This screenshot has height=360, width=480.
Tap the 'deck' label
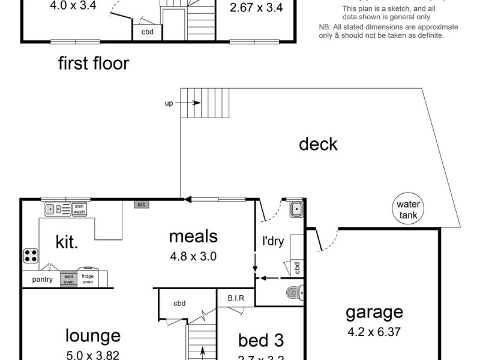coord(318,145)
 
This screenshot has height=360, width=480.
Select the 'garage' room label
coord(374,313)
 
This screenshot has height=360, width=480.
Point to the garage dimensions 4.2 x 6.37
coord(374,331)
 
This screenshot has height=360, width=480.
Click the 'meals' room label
coord(193,236)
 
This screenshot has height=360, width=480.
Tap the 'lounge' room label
coord(92,335)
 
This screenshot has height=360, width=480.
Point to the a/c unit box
coord(142,205)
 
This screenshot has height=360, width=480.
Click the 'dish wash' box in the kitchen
coord(79,208)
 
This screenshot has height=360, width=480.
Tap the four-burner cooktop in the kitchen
coord(31,256)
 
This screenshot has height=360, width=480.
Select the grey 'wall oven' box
coord(68,279)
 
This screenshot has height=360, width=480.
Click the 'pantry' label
coord(42,280)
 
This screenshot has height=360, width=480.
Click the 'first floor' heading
coord(93,64)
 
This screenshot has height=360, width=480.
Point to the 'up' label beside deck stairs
coord(169,103)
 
